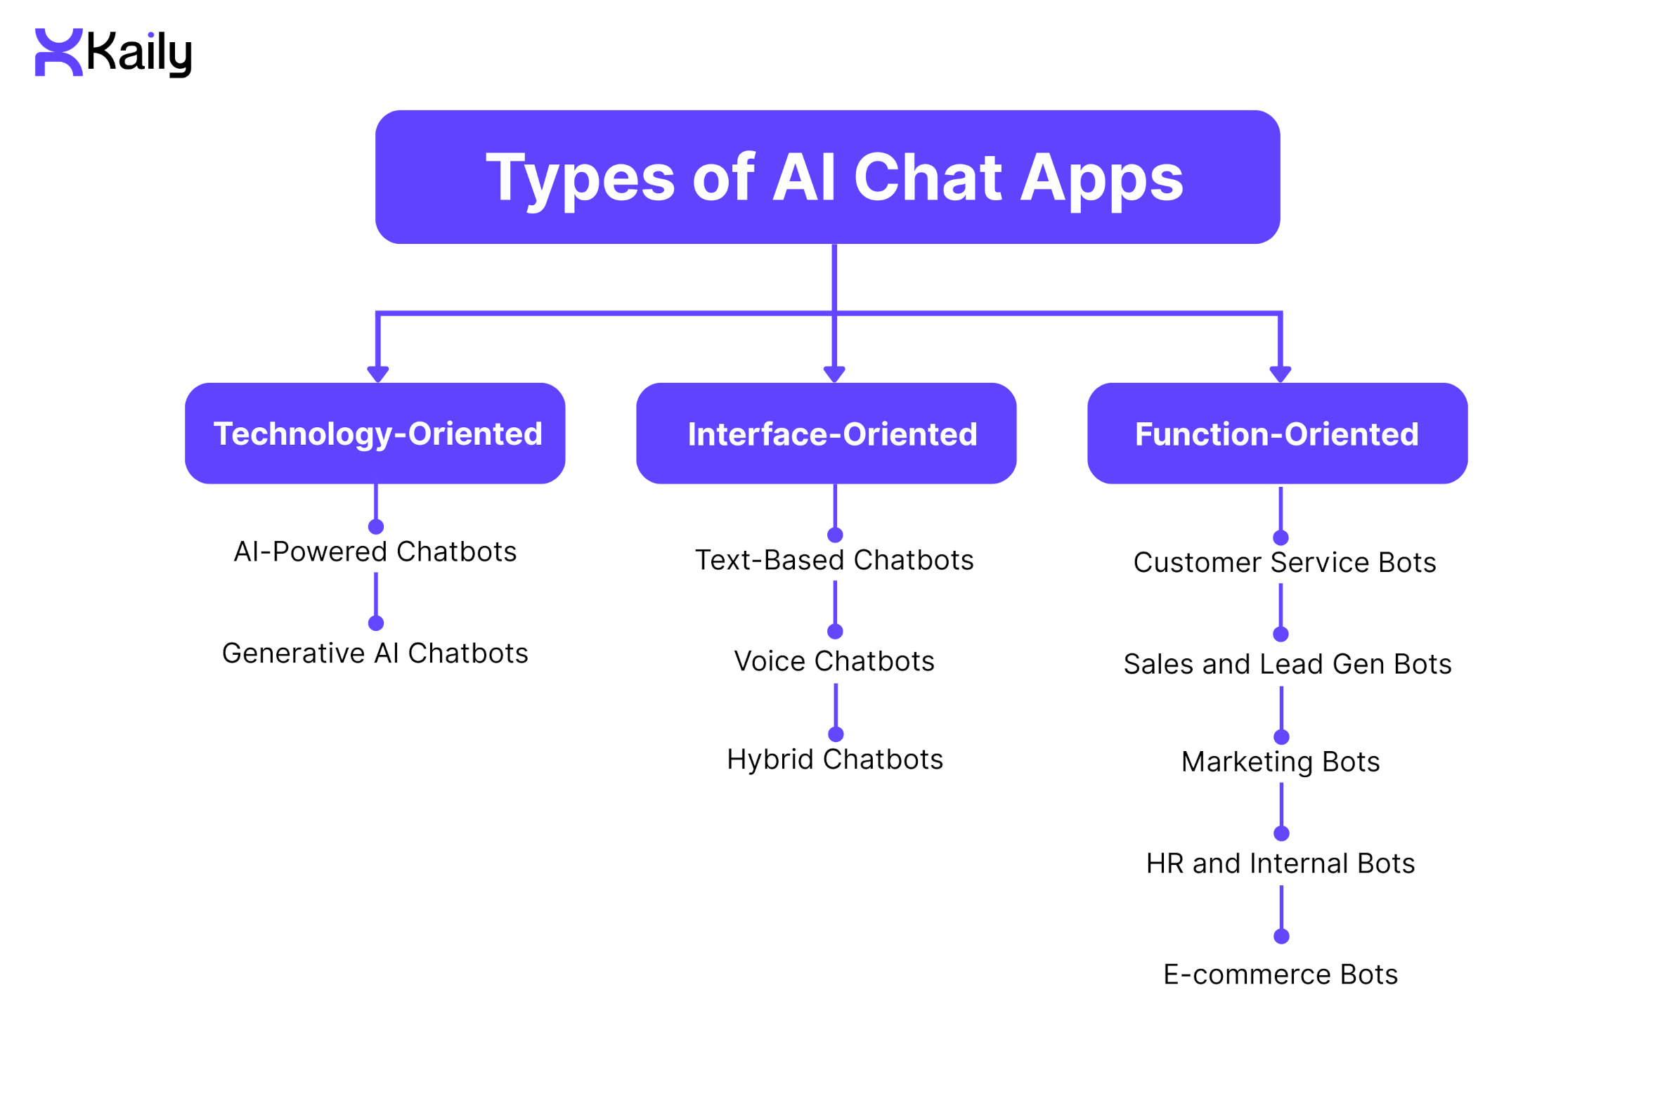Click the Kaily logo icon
[x=59, y=52]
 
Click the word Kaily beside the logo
[x=138, y=53]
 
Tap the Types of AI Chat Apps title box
[x=827, y=177]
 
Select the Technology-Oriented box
[x=375, y=434]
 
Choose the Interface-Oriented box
[x=826, y=434]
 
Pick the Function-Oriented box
[x=1277, y=434]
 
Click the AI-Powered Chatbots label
[x=375, y=552]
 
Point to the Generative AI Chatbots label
[x=375, y=653]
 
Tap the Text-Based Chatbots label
[x=834, y=560]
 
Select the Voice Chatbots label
[x=834, y=661]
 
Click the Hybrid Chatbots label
[x=835, y=760]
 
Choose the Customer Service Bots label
[x=1284, y=563]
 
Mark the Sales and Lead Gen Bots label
[x=1287, y=664]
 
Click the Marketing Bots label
[x=1281, y=762]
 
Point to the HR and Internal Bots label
[x=1281, y=864]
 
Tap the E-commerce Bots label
[x=1281, y=975]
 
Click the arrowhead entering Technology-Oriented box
[x=378, y=374]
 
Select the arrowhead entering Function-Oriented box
[x=1281, y=374]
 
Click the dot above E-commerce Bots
[x=1281, y=936]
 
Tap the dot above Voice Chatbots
[x=835, y=631]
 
